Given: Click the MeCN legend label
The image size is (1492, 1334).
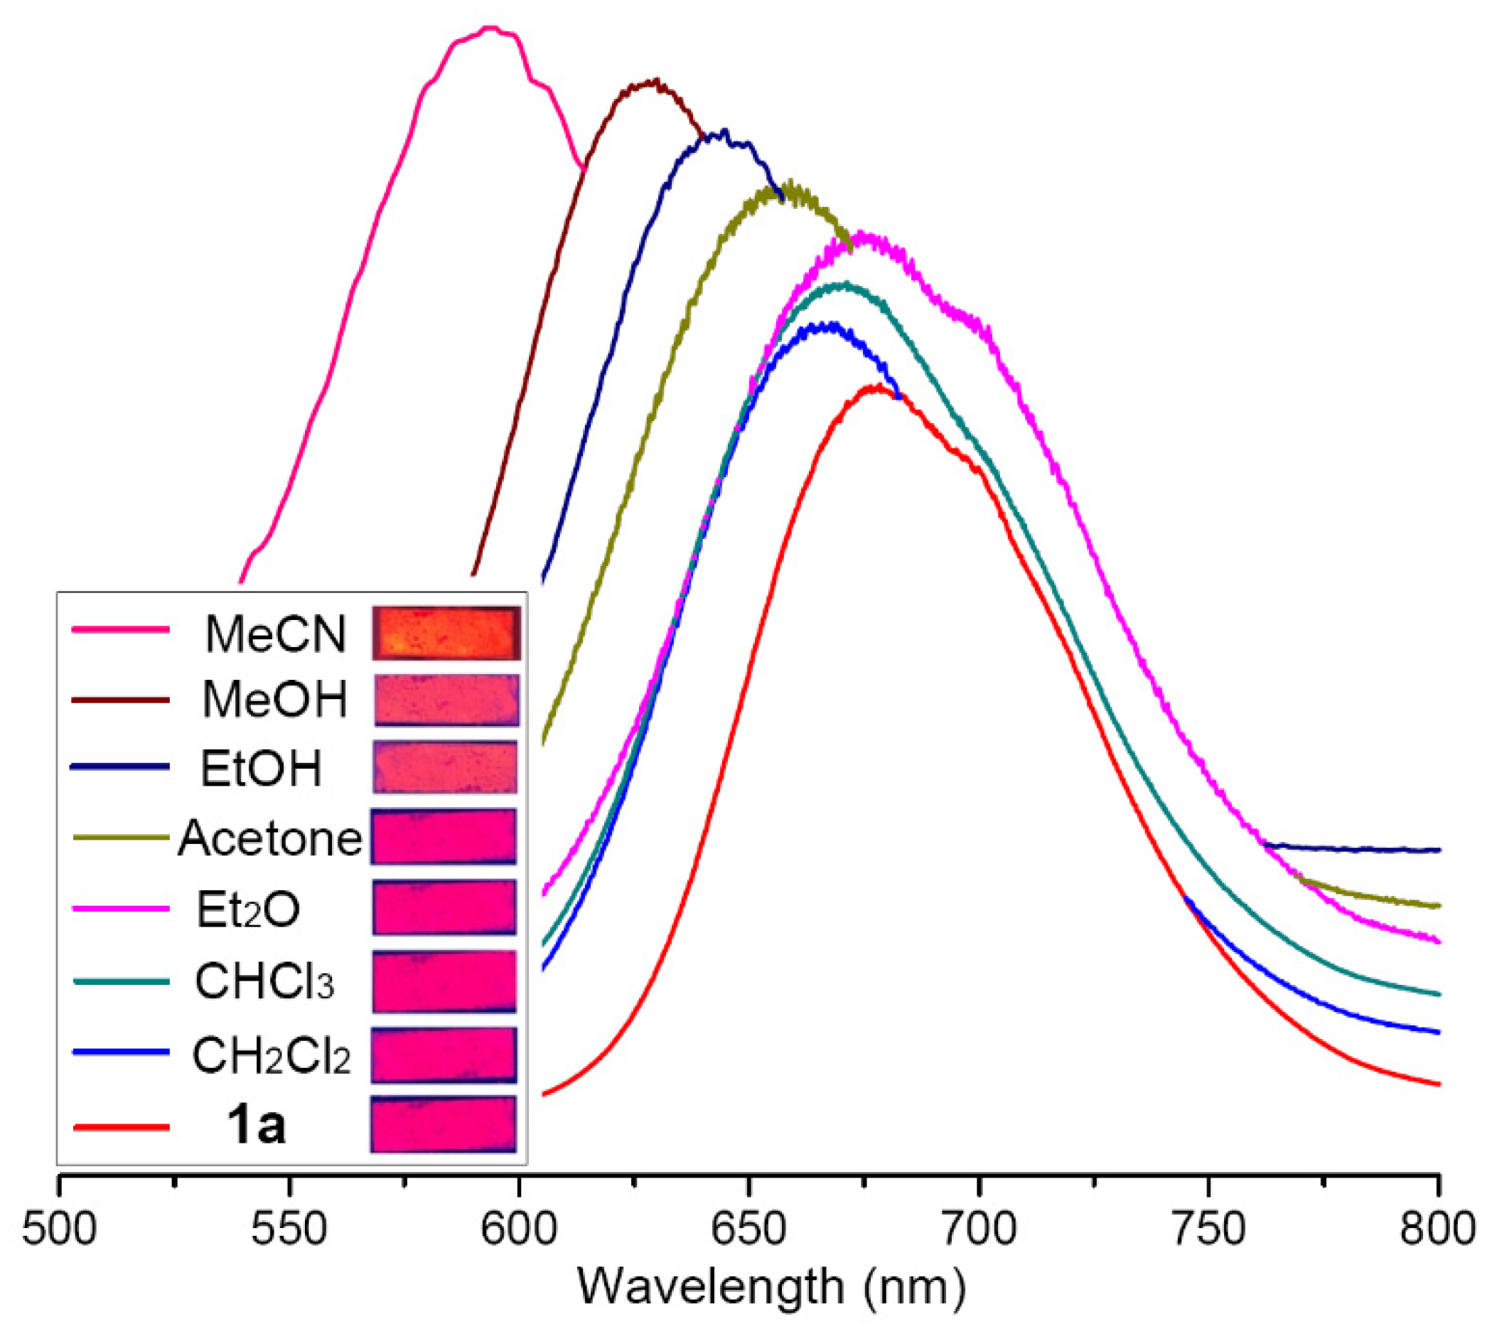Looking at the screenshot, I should pyautogui.click(x=275, y=634).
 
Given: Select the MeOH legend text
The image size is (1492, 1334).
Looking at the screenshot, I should pyautogui.click(x=275, y=700).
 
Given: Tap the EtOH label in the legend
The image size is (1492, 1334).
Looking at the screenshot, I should pyautogui.click(x=261, y=769).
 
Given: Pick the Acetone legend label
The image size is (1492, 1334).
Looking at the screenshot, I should pyautogui.click(x=269, y=838).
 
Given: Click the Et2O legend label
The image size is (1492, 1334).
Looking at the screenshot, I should pyautogui.click(x=247, y=909).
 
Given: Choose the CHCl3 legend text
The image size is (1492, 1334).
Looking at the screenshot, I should pyautogui.click(x=264, y=981).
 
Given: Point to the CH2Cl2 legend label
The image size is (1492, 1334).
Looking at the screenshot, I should pyautogui.click(x=271, y=1056).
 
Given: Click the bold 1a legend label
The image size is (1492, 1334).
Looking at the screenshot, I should pyautogui.click(x=256, y=1126).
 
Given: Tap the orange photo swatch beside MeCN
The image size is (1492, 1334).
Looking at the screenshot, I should pyautogui.click(x=446, y=633).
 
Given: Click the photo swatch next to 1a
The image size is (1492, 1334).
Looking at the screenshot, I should pyautogui.click(x=444, y=1124).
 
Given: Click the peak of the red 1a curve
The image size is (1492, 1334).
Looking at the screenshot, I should pyautogui.click(x=876, y=387).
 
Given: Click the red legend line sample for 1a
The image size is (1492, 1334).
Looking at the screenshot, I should pyautogui.click(x=121, y=1126).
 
